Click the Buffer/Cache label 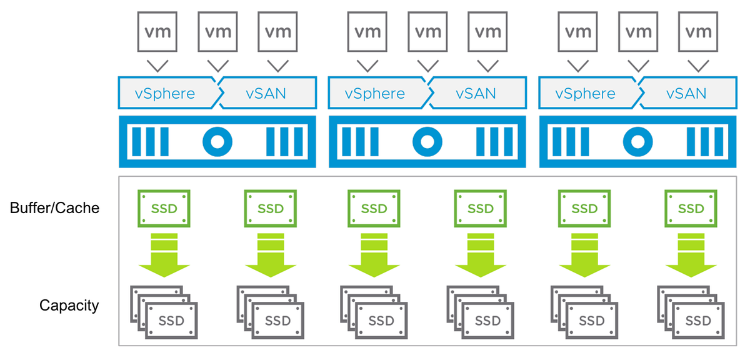pyautogui.click(x=54, y=208)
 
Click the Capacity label pyautogui.click(x=69, y=306)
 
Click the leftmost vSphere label pyautogui.click(x=165, y=94)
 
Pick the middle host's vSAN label pyautogui.click(x=476, y=94)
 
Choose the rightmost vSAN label pyautogui.click(x=686, y=94)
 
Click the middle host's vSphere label pyautogui.click(x=375, y=94)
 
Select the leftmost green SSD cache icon pyautogui.click(x=165, y=208)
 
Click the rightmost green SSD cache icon pyautogui.click(x=691, y=208)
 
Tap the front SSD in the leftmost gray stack pyautogui.click(x=171, y=321)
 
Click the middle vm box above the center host pyautogui.click(x=427, y=32)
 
